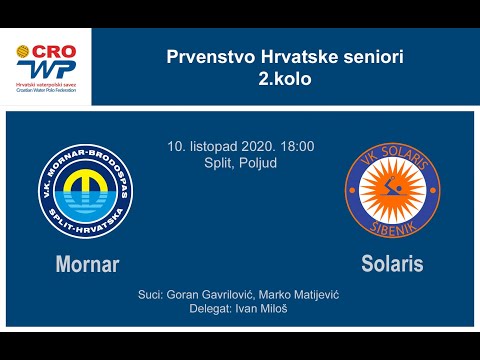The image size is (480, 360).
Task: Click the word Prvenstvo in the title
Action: coord(201,57)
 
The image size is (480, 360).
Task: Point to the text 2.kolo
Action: coord(285,78)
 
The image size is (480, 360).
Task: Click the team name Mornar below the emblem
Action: coord(88,265)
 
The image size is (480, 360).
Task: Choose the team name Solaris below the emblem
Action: coord(392,265)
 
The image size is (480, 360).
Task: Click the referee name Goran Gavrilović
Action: coord(206,296)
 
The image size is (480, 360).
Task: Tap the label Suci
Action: coord(151,296)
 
